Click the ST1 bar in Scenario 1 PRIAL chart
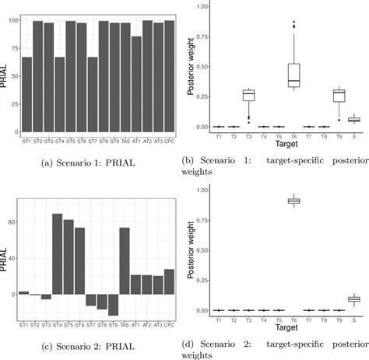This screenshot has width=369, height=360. point(26,93)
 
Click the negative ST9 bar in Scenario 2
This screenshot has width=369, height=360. point(113,304)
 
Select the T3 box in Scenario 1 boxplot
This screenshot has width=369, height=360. point(227,96)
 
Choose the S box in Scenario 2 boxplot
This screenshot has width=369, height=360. point(353,299)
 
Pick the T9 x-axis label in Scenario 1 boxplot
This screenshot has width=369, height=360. point(337,135)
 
